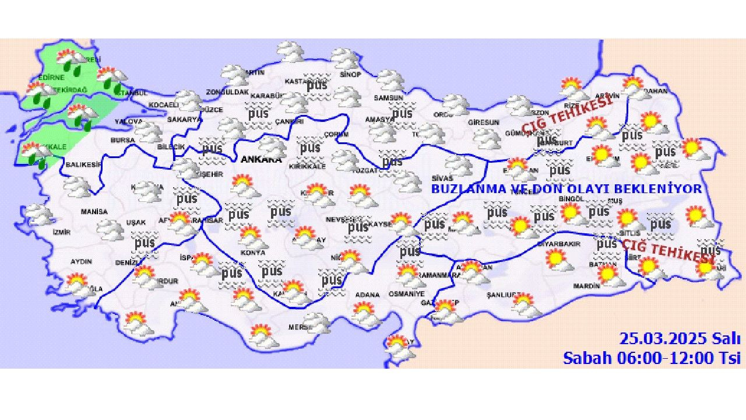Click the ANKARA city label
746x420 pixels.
pos(261,159)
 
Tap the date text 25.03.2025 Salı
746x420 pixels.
pos(680,339)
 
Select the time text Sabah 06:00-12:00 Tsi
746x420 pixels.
pos(651,358)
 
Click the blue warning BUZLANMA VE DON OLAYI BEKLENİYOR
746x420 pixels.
pos(566,189)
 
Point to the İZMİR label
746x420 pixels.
pos(61,232)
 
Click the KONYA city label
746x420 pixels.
pos(252,253)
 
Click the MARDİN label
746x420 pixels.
pos(586,286)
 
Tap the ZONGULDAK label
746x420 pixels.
pos(228,92)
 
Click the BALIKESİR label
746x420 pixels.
pos(83,165)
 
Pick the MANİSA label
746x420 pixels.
pos(94,211)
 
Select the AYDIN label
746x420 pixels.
pos(81,261)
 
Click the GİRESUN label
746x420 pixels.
pos(483,122)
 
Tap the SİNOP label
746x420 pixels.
pos(350,75)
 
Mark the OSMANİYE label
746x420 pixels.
pos(407,293)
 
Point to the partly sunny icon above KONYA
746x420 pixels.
pos(249,236)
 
